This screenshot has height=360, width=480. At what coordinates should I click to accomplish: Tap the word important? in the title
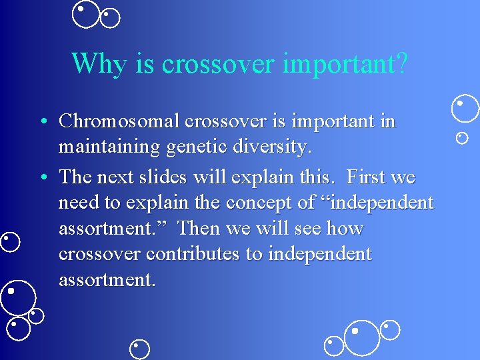[x=345, y=63]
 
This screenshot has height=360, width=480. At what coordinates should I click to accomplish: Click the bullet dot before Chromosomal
[x=42, y=122]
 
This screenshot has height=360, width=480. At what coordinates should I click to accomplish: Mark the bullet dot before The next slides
[x=42, y=178]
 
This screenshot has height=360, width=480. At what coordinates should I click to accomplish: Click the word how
[x=345, y=229]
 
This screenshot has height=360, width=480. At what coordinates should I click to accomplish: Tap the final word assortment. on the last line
[x=107, y=280]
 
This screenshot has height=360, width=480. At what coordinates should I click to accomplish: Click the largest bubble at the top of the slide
[x=86, y=15]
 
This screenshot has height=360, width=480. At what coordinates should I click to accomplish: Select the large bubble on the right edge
[x=465, y=109]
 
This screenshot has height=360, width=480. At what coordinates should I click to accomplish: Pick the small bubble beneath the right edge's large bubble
[x=461, y=138]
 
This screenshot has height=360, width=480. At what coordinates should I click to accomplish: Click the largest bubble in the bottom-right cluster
[x=361, y=338]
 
